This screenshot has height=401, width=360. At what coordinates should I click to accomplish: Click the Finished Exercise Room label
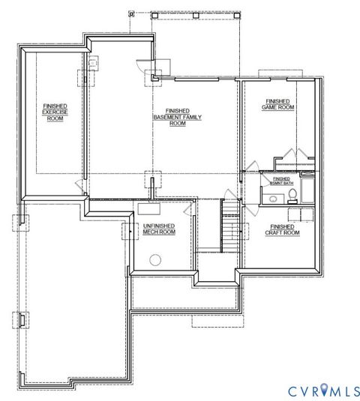pos(55,112)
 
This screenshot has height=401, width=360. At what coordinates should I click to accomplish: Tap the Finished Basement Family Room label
pos(178,118)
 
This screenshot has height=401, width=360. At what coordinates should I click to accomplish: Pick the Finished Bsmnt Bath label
pos(281,181)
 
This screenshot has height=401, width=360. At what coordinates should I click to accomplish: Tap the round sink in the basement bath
pos(274,199)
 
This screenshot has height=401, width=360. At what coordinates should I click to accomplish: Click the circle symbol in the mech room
pos(157,259)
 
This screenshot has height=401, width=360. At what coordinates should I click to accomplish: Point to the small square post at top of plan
pos(131,13)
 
